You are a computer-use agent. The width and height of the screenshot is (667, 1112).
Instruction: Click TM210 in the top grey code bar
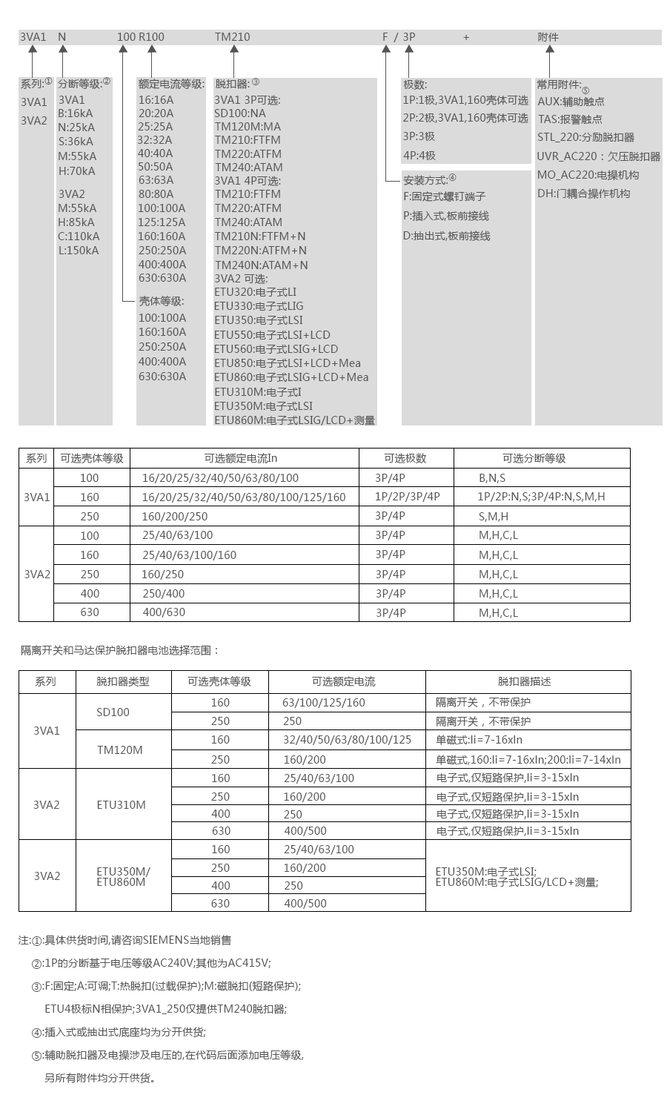tap(232, 37)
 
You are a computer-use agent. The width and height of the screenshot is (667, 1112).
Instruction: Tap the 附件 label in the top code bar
tap(548, 37)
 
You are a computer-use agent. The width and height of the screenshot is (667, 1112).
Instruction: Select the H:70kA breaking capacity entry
tap(77, 171)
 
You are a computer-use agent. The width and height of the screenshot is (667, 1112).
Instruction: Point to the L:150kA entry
tap(79, 250)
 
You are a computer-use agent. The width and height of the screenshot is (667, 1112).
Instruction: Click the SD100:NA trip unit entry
tap(239, 113)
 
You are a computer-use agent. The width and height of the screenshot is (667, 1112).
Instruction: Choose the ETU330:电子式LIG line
tap(259, 306)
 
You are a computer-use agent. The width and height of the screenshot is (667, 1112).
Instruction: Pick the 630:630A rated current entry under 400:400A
tap(162, 278)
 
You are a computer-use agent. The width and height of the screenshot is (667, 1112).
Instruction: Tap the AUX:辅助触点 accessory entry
tap(571, 102)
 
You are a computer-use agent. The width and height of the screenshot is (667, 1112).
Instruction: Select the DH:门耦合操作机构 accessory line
tap(583, 193)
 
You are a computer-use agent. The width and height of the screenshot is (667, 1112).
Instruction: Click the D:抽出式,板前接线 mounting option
tap(446, 236)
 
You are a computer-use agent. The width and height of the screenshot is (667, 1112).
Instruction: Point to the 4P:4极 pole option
tap(419, 156)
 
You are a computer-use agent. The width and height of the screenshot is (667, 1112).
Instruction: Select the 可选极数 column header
tap(405, 458)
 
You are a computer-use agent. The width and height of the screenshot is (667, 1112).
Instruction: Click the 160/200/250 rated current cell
tap(174, 516)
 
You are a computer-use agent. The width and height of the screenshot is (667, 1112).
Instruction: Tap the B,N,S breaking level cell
tap(492, 478)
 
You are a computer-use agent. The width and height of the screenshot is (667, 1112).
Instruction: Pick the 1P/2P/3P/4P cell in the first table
tap(407, 497)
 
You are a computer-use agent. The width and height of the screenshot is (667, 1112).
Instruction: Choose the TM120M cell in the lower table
tap(119, 749)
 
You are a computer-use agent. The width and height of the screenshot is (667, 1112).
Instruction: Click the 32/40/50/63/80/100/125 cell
tap(347, 740)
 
